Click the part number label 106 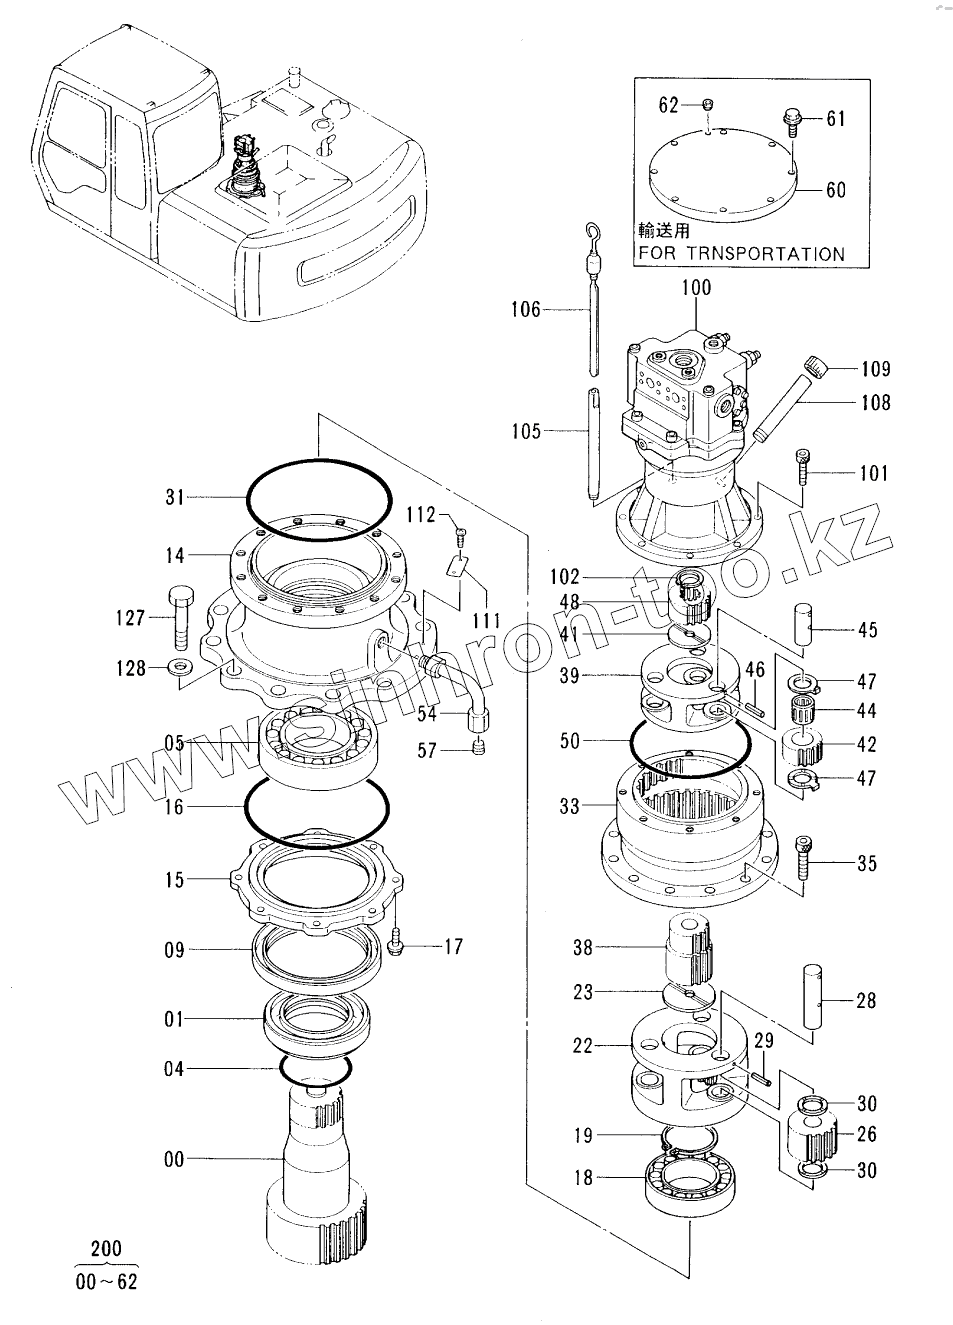click(526, 309)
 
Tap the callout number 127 click(130, 618)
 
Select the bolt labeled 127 click(182, 618)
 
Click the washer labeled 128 click(179, 668)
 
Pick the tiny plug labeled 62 click(709, 105)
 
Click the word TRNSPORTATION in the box click(766, 254)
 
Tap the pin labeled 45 click(802, 625)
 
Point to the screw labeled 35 click(803, 855)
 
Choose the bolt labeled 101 click(803, 468)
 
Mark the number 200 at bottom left click(106, 1249)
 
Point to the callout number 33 click(569, 806)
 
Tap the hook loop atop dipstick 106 click(592, 231)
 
